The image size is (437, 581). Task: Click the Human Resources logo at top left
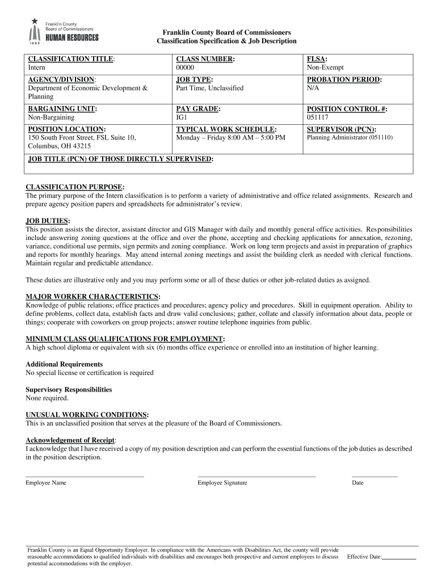(x=64, y=31)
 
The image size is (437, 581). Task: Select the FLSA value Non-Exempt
(x=325, y=68)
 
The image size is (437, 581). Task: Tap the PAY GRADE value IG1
(x=182, y=117)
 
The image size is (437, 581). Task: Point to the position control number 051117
(x=318, y=117)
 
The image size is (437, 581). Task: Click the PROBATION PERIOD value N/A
(x=313, y=89)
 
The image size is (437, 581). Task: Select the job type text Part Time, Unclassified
(x=209, y=89)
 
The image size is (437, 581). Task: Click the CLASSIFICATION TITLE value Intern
(x=37, y=68)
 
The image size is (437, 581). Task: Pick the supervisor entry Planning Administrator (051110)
(x=350, y=138)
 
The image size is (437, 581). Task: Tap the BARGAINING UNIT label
(x=62, y=109)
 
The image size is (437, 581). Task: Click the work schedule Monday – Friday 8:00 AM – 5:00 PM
(x=230, y=138)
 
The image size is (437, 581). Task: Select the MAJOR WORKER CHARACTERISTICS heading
(x=93, y=297)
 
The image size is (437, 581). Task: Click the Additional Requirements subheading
(x=64, y=364)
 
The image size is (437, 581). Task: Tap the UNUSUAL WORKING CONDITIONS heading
(x=87, y=415)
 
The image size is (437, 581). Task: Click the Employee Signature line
(x=257, y=475)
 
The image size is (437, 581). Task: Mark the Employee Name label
(x=46, y=483)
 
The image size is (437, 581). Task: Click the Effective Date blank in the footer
(x=399, y=558)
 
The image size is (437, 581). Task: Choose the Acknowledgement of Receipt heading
(x=70, y=440)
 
